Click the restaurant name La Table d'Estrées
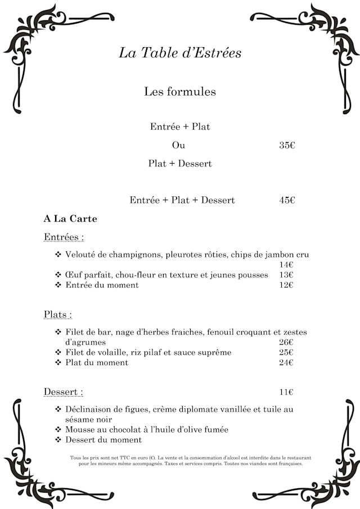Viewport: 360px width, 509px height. [x=180, y=53]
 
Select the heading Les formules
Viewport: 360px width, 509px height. [x=180, y=91]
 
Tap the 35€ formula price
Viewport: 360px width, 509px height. [x=287, y=145]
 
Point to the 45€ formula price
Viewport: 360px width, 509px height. [x=287, y=200]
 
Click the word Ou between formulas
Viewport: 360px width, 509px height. [x=178, y=145]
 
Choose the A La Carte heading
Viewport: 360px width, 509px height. [x=70, y=218]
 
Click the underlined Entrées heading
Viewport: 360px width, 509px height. [x=64, y=237]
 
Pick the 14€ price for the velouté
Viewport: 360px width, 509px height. [x=286, y=265]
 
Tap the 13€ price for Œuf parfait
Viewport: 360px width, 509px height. [x=286, y=275]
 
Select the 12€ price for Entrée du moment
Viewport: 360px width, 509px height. [x=286, y=285]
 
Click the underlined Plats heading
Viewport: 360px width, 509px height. [x=58, y=314]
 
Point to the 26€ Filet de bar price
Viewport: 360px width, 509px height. [x=286, y=342]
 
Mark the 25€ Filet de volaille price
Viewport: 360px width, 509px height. [x=286, y=352]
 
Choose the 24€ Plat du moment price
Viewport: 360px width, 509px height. [x=286, y=363]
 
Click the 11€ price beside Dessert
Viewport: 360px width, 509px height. [x=286, y=392]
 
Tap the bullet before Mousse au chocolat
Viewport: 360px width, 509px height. [x=58, y=430]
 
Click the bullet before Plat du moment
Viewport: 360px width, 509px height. [x=58, y=363]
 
